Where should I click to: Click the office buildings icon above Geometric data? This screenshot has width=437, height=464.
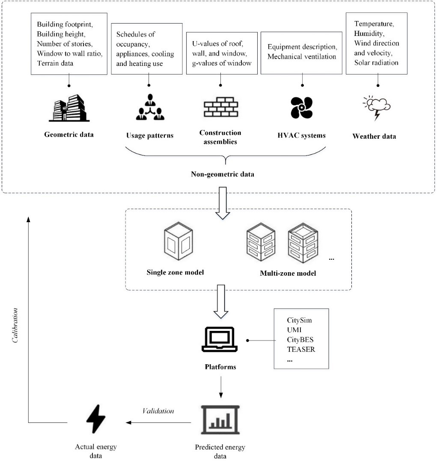coord(69,108)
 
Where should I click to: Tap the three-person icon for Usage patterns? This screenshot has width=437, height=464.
coord(150,107)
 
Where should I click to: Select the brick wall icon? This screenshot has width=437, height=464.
coord(221,107)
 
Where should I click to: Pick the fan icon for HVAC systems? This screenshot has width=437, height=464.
coord(301,108)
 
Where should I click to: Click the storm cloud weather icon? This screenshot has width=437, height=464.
coord(376,108)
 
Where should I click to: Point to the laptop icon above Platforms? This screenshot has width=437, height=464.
coord(220,339)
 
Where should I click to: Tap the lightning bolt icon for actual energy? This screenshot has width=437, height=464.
coord(96,419)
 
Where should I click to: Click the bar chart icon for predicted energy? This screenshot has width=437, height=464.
coord(220,419)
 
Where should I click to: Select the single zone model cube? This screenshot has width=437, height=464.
coord(178,241)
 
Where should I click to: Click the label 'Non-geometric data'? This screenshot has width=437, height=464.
coord(223,174)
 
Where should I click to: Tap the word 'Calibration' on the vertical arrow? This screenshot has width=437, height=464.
coord(15,325)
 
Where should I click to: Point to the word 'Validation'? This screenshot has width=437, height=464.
coord(158,411)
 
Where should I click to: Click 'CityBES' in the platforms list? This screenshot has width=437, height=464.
coord(300,340)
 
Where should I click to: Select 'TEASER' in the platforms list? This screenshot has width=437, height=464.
coord(301,349)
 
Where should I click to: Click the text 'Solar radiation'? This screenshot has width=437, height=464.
coord(376,63)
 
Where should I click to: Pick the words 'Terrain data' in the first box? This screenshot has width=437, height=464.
coord(55,63)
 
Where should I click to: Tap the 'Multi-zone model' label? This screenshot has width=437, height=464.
coord(288,273)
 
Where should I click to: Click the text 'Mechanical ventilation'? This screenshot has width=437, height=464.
coord(302,57)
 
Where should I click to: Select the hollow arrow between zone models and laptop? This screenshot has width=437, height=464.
coord(221,301)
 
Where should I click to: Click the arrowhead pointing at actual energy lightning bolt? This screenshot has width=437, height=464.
coord(128,422)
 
